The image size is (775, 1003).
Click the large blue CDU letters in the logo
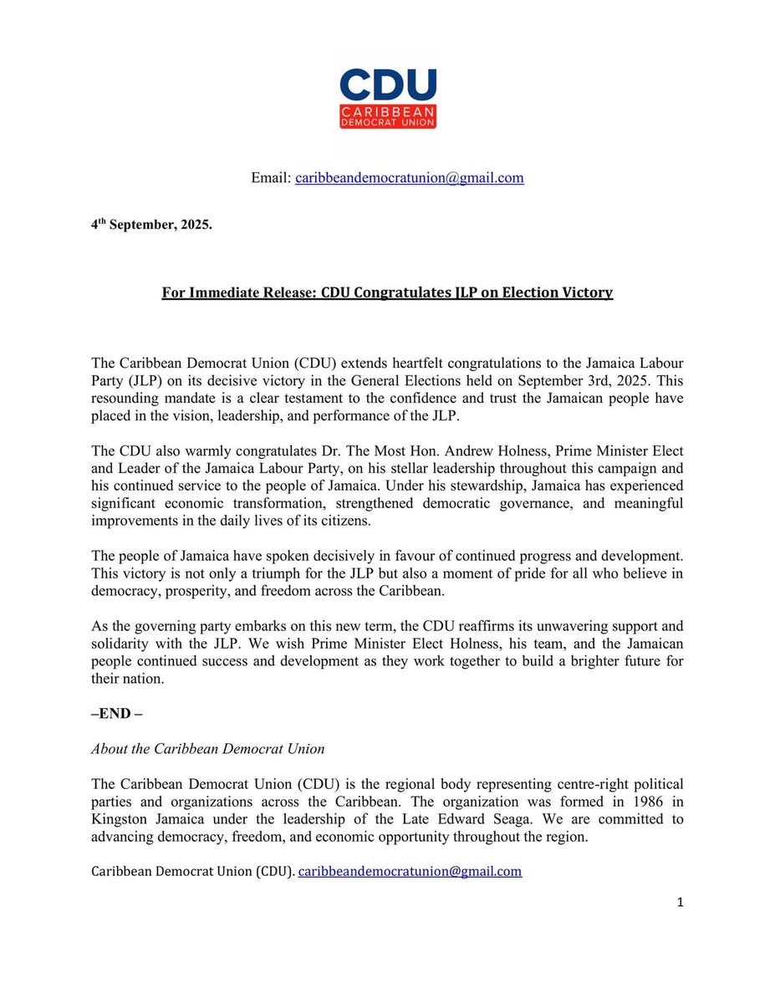[x=387, y=85]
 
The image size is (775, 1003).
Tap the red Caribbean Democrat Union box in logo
[x=387, y=116]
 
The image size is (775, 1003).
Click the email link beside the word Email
[x=409, y=178]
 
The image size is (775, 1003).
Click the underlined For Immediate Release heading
[x=387, y=293]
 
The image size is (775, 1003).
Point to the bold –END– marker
[x=116, y=716]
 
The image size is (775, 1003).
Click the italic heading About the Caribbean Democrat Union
[x=207, y=749]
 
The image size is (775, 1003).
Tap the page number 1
[x=680, y=902]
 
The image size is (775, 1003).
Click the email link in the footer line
[x=410, y=871]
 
